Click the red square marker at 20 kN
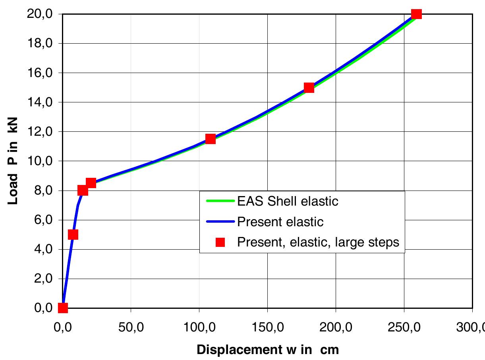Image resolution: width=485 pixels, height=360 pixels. [416, 14]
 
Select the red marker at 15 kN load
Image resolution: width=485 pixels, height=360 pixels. [309, 88]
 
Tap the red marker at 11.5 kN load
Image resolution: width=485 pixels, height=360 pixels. [211, 139]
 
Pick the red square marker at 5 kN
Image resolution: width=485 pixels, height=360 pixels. [73, 235]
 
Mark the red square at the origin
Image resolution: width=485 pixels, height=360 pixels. [63, 308]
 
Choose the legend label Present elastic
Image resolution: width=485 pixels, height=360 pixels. [280, 221]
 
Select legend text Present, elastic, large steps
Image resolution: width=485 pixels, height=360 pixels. [318, 242]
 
